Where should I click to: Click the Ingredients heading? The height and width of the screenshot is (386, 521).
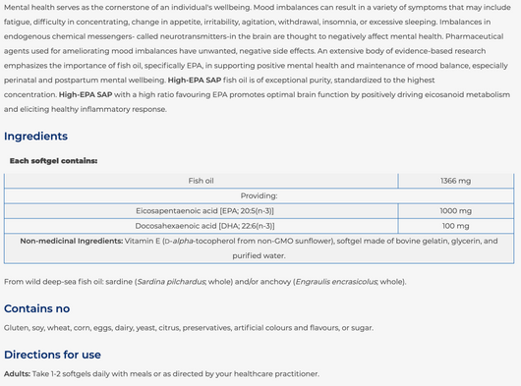tap(35, 137)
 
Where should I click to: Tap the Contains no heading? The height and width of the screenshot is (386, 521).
tap(36, 307)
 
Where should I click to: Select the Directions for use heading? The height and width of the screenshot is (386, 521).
tap(52, 355)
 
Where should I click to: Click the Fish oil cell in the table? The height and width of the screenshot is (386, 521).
tap(202, 181)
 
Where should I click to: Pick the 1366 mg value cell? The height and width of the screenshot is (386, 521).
tap(455, 181)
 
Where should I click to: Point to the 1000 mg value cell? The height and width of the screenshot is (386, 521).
tap(455, 210)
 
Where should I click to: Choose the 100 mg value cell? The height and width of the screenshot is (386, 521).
tap(455, 225)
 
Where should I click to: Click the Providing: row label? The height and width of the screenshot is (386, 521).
tap(260, 195)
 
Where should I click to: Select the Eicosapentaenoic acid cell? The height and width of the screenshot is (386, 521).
tap(204, 210)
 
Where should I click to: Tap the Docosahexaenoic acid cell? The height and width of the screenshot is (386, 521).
tap(204, 225)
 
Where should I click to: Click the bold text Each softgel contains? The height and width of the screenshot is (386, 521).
tap(53, 160)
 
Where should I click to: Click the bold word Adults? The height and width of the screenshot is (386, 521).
tap(17, 374)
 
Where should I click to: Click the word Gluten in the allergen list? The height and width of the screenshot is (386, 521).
tap(16, 327)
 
